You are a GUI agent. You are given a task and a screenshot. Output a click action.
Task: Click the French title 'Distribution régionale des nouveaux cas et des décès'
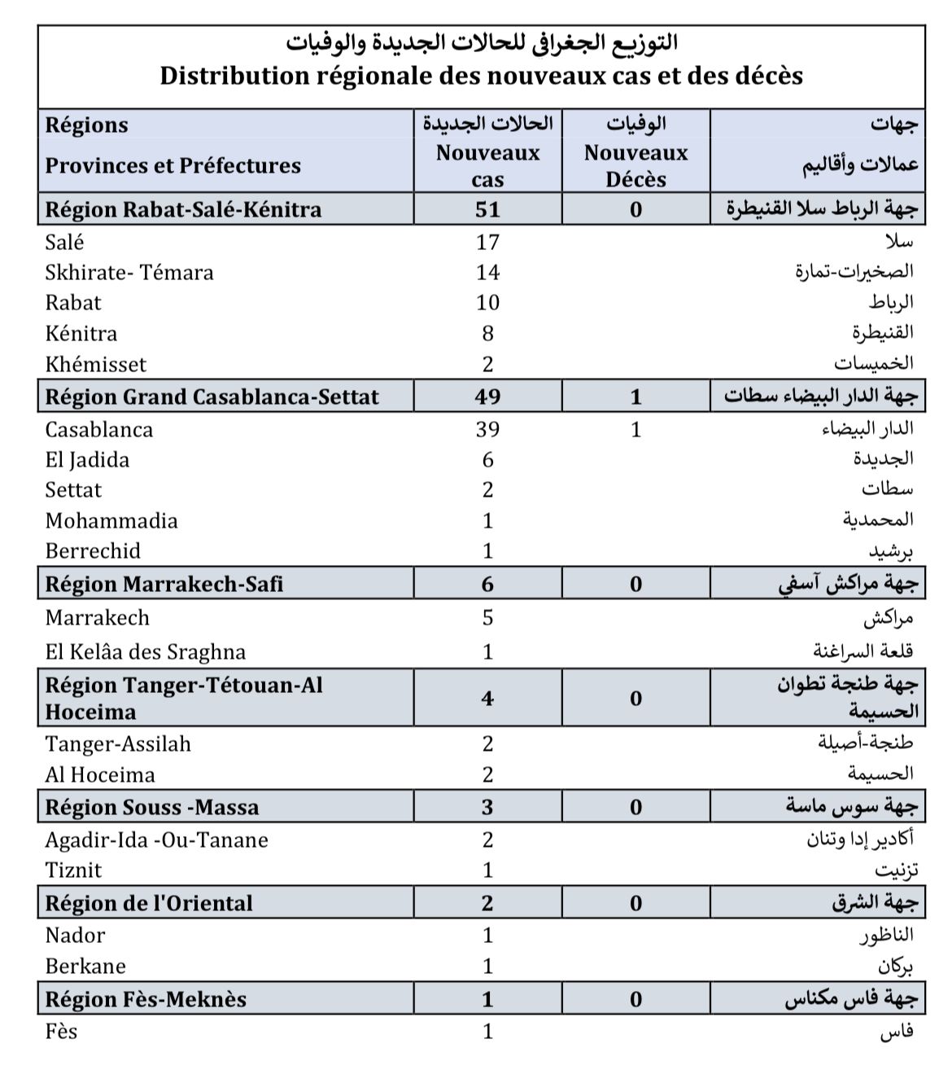click(481, 76)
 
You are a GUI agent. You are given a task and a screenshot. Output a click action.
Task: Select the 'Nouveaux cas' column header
click(487, 165)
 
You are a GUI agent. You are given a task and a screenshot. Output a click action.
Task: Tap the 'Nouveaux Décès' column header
click(635, 165)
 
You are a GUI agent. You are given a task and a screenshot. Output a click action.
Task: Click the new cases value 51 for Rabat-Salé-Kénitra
click(487, 209)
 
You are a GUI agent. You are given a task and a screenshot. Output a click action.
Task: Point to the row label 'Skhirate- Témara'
click(129, 272)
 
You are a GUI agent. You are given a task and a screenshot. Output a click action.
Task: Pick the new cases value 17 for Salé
click(487, 242)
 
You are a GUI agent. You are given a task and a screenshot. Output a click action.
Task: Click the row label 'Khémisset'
click(96, 364)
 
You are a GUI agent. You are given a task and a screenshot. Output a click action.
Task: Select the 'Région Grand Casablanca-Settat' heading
click(212, 397)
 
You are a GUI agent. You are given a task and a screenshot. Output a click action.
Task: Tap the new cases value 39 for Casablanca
click(487, 429)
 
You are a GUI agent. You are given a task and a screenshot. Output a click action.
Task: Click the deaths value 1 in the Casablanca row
click(635, 429)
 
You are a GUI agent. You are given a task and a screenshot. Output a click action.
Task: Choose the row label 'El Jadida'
click(87, 460)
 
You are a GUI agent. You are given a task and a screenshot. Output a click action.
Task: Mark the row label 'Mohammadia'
click(111, 520)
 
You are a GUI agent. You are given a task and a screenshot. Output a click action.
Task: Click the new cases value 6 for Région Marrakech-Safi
click(487, 584)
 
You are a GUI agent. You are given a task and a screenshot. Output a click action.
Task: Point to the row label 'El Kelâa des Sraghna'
click(146, 651)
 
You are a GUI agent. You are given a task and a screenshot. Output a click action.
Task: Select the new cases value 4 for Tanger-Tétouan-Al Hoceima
click(487, 698)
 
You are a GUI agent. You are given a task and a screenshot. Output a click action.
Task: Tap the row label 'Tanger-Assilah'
click(118, 743)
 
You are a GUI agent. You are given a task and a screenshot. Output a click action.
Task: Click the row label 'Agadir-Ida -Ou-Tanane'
click(156, 839)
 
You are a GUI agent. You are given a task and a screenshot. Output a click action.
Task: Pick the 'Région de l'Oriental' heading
click(149, 903)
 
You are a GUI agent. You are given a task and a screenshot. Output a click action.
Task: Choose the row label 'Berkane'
click(85, 967)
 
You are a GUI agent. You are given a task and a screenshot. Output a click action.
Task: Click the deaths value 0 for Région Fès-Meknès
click(635, 999)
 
